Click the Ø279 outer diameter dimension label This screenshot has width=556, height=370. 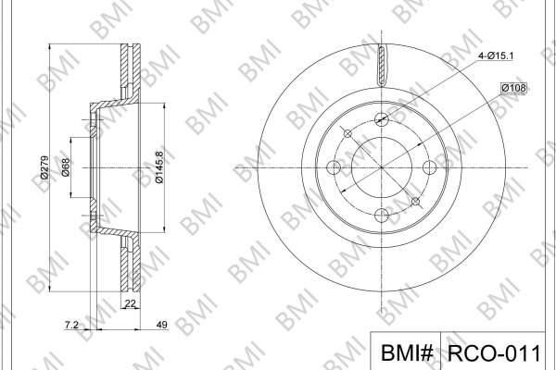click(x=44, y=167)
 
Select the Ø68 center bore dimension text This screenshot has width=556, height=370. click(x=66, y=167)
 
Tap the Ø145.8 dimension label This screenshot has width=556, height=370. click(x=159, y=167)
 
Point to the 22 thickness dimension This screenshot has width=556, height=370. click(x=131, y=303)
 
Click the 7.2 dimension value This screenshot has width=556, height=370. click(x=71, y=325)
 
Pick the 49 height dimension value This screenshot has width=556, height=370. click(x=161, y=325)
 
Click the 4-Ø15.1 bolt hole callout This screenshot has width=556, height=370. click(x=496, y=55)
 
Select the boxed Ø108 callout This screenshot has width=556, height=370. click(x=513, y=88)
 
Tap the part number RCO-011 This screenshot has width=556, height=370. click(x=494, y=352)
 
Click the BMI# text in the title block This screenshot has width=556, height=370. click(x=407, y=352)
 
